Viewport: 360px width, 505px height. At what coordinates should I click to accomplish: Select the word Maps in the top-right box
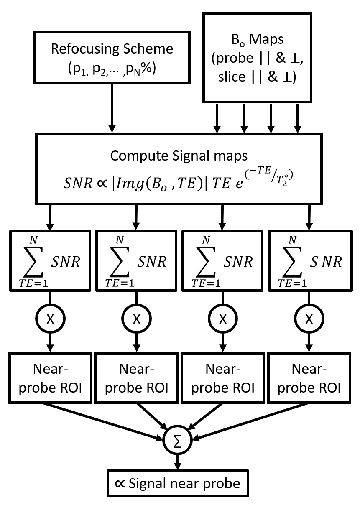tap(268, 40)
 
